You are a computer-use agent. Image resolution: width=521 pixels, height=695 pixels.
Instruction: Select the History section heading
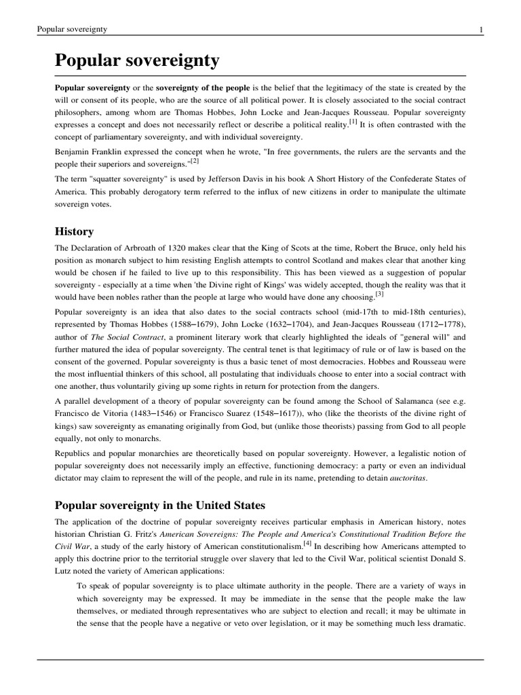[x=75, y=231]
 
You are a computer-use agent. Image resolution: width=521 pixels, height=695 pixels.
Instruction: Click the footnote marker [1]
[x=353, y=121]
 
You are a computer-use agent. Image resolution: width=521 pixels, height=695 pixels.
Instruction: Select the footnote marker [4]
[x=307, y=542]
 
